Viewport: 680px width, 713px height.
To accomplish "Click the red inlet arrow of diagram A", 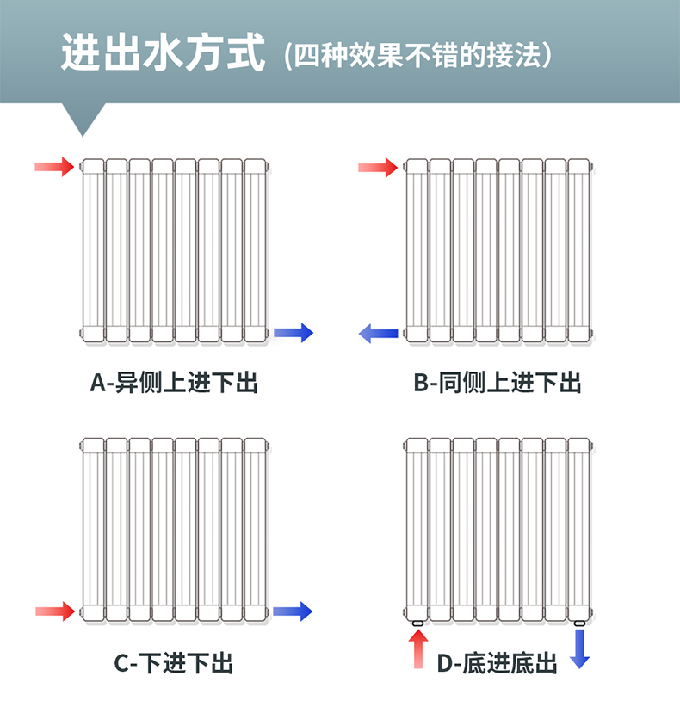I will (54, 166).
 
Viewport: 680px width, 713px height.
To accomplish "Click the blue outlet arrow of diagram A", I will (294, 333).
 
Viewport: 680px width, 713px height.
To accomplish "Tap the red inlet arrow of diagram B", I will (378, 166).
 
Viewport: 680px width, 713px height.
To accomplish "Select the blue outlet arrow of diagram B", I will (378, 333).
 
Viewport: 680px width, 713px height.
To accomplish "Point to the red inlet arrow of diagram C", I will (55, 612).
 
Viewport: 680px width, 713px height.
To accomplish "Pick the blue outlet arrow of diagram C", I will (294, 612).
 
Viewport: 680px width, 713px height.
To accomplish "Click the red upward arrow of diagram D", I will (418, 649).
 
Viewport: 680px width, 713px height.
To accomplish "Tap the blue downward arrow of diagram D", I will (580, 648).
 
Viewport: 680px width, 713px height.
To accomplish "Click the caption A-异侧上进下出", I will (174, 382).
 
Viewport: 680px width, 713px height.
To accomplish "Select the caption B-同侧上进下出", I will (498, 382).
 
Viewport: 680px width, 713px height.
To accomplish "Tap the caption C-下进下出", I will (174, 663).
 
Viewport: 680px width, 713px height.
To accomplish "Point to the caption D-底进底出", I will (498, 663).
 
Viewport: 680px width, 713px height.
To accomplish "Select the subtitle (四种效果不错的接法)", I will (417, 56).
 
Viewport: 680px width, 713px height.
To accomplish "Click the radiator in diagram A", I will (175, 250).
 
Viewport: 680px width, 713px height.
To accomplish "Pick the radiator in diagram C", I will (175, 528).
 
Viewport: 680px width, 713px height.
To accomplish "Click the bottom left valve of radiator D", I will (418, 622).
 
